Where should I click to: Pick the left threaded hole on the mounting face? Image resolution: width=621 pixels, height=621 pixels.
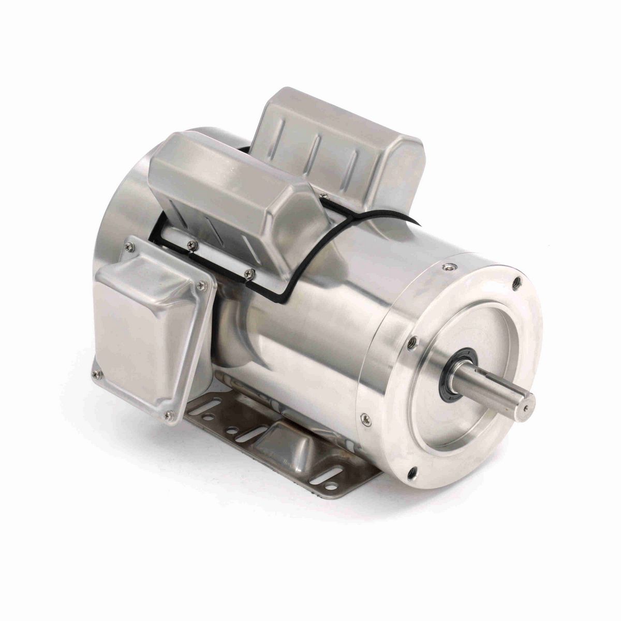pos(411,341)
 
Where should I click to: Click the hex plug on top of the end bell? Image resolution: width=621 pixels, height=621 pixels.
pos(447,268)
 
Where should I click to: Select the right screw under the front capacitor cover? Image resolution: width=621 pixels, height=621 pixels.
pos(251,270)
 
